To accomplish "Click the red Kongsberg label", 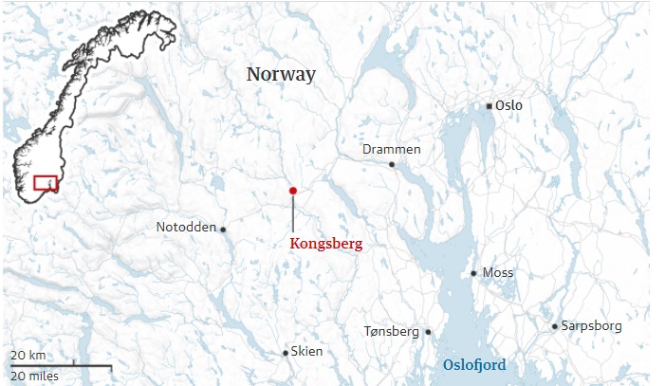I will [325, 244].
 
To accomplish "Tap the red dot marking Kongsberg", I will [293, 191].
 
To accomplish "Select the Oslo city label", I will [508, 105].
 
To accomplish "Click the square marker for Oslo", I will [489, 106].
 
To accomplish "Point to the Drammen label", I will [391, 150].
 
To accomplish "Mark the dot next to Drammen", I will [392, 164].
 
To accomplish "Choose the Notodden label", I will [186, 228].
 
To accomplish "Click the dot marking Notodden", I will [223, 229].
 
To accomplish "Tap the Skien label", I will [306, 352].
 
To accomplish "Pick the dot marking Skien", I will [286, 353].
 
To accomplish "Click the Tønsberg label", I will [391, 332].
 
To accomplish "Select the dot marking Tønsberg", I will [428, 332].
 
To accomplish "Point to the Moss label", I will [498, 273].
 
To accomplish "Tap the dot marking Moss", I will [474, 273].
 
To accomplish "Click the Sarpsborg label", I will [592, 326].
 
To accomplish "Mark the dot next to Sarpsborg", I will [555, 327].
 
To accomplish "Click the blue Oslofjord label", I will [474, 365].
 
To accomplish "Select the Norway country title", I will [281, 74].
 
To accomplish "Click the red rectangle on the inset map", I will [46, 182].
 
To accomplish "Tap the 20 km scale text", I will [28, 356].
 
